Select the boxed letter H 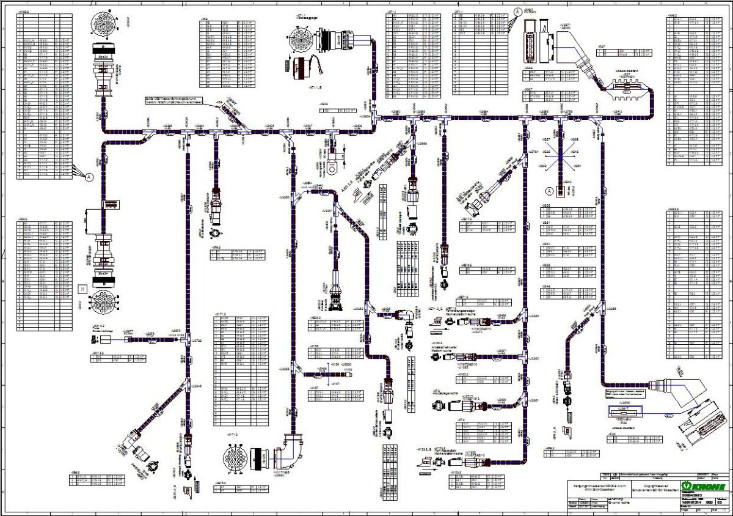(82, 288)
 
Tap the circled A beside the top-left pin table (89, 177)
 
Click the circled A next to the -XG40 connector (549, 190)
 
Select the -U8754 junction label (532, 150)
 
